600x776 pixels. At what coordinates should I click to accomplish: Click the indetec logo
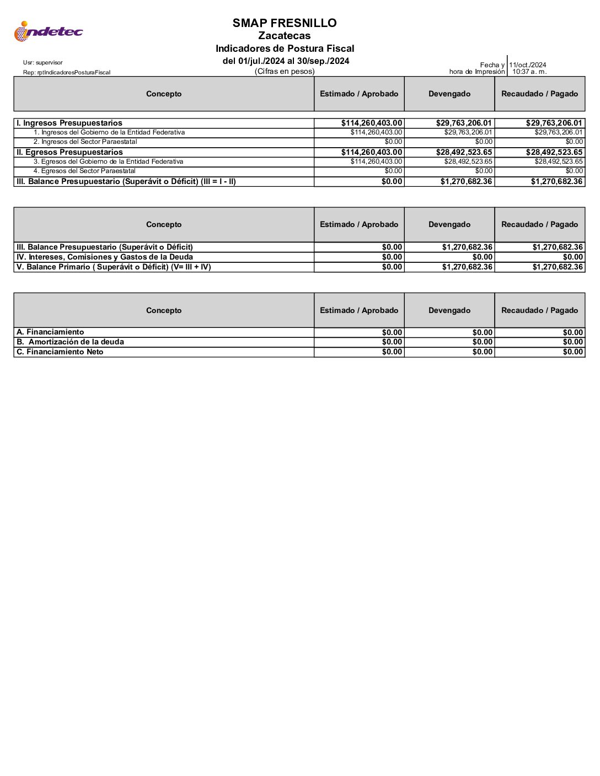(48, 31)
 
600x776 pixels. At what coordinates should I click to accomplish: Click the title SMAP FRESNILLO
(285, 23)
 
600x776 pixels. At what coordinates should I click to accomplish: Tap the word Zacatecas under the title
(285, 36)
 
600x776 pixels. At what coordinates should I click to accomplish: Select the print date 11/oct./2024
(528, 65)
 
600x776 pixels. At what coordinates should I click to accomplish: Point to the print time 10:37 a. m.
(529, 72)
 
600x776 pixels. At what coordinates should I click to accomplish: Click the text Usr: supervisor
(43, 63)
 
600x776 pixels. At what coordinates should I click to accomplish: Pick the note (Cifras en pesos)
(285, 72)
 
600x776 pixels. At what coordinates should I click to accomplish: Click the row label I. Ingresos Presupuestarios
(69, 123)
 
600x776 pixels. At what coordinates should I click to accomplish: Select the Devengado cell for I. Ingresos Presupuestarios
(464, 123)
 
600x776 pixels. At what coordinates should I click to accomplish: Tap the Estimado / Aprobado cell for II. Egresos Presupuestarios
(372, 152)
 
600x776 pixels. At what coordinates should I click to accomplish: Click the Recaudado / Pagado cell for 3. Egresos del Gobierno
(559, 161)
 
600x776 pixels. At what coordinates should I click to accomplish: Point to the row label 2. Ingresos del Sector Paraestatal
(85, 142)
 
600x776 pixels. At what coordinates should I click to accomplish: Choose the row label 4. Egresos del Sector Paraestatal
(84, 171)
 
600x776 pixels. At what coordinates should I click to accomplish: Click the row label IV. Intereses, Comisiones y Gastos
(105, 257)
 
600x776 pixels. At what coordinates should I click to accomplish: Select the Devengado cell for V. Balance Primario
(467, 267)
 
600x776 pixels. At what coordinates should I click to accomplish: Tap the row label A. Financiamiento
(50, 332)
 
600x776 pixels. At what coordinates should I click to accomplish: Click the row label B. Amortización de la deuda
(71, 342)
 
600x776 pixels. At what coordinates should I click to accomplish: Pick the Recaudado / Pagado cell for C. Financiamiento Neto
(573, 352)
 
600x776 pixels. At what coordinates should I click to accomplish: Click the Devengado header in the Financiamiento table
(449, 310)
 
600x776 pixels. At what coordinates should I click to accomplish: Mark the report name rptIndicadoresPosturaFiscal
(67, 72)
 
